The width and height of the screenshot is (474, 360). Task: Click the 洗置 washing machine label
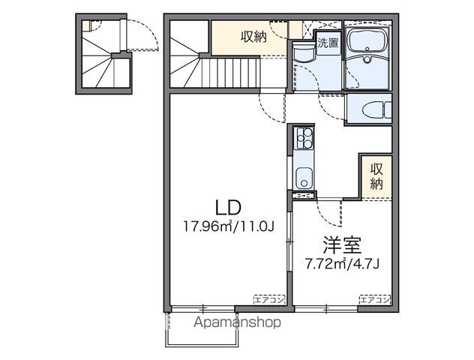pos(327,43)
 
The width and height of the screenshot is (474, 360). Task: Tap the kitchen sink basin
pos(304,179)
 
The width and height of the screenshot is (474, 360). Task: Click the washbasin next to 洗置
pos(304,55)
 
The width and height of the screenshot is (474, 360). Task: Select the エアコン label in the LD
pos(268,299)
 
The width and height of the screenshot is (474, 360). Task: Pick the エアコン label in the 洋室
pos(374,299)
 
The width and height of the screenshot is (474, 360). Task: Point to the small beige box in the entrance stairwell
pos(86,25)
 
